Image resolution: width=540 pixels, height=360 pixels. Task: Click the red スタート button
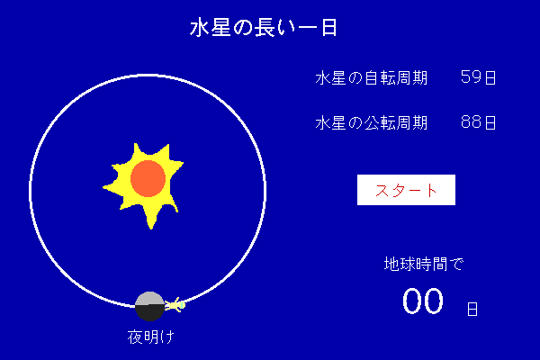click(x=406, y=190)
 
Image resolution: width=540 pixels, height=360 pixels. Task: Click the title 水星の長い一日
click(x=264, y=28)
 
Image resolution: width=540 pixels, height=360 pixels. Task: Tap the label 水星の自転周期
click(x=371, y=77)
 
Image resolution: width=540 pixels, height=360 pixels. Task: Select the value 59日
click(x=478, y=77)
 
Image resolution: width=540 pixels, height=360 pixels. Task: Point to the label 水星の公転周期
click(x=371, y=122)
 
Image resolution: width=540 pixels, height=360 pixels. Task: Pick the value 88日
click(x=478, y=122)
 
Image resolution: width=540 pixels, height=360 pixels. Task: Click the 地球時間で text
click(x=424, y=265)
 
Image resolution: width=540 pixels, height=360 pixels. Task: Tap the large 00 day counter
click(x=423, y=301)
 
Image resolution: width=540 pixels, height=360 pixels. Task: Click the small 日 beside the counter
click(x=472, y=309)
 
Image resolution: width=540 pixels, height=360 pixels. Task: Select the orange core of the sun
click(x=148, y=178)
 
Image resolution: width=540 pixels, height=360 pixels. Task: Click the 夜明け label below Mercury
click(x=151, y=337)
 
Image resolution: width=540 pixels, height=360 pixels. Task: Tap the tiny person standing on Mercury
click(x=175, y=305)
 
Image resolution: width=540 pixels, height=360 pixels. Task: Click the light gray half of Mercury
click(x=149, y=299)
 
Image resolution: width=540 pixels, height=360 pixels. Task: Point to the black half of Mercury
click(x=149, y=312)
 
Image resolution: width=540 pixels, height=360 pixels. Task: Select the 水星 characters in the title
click(x=210, y=28)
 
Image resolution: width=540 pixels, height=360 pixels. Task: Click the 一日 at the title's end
click(x=318, y=28)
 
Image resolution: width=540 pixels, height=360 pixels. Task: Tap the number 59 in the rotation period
click(x=471, y=76)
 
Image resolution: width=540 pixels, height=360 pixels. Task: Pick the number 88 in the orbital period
click(x=471, y=122)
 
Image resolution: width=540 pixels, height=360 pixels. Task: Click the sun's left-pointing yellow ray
click(x=111, y=188)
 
